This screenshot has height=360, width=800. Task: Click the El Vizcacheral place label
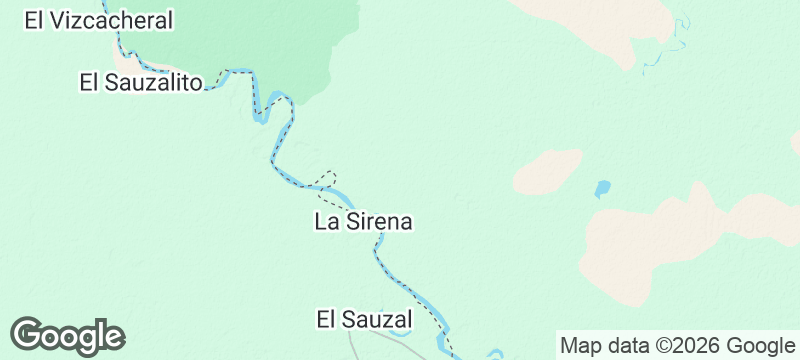(x=99, y=20)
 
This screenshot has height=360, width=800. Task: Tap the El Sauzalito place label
(x=141, y=82)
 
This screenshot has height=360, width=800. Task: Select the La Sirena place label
(x=364, y=222)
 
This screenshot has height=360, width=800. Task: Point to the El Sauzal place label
(x=364, y=320)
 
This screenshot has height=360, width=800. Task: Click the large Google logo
(x=68, y=336)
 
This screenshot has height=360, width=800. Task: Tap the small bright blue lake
(x=602, y=188)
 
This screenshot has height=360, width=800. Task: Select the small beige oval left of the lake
(x=548, y=172)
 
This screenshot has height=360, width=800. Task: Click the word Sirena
(x=379, y=222)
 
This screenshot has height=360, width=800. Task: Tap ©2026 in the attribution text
(x=678, y=346)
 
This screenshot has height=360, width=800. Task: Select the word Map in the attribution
(x=580, y=346)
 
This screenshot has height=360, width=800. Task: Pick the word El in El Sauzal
(x=325, y=320)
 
